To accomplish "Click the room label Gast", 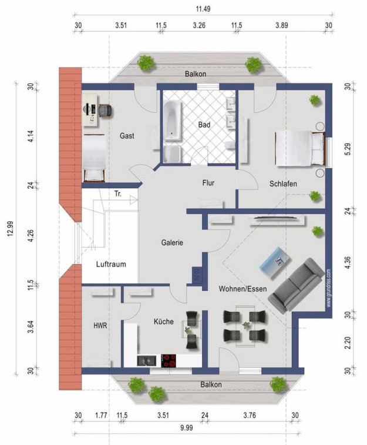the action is coord(127,136).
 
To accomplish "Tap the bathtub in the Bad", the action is coord(173,121).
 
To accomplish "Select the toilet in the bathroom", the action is coord(230,145).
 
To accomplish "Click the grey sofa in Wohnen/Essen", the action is coord(296,285).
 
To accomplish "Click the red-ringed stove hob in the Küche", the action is coord(169,361).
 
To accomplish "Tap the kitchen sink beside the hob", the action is coord(147,361).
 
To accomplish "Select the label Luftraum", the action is coord(111,264).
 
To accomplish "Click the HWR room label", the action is coord(100,326).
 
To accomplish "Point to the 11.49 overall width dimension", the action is coord(203,9).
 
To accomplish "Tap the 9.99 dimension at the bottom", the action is coord(187,428).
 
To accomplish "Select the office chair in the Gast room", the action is coord(105,111).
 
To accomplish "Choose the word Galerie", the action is coord(172,243).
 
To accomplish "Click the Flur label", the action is coord(208,183).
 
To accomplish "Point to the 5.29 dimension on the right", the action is coord(348,149).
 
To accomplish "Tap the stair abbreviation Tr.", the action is coord(118,194).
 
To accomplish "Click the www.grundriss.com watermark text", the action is coord(328,288).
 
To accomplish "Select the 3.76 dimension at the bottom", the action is coord(250,416).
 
